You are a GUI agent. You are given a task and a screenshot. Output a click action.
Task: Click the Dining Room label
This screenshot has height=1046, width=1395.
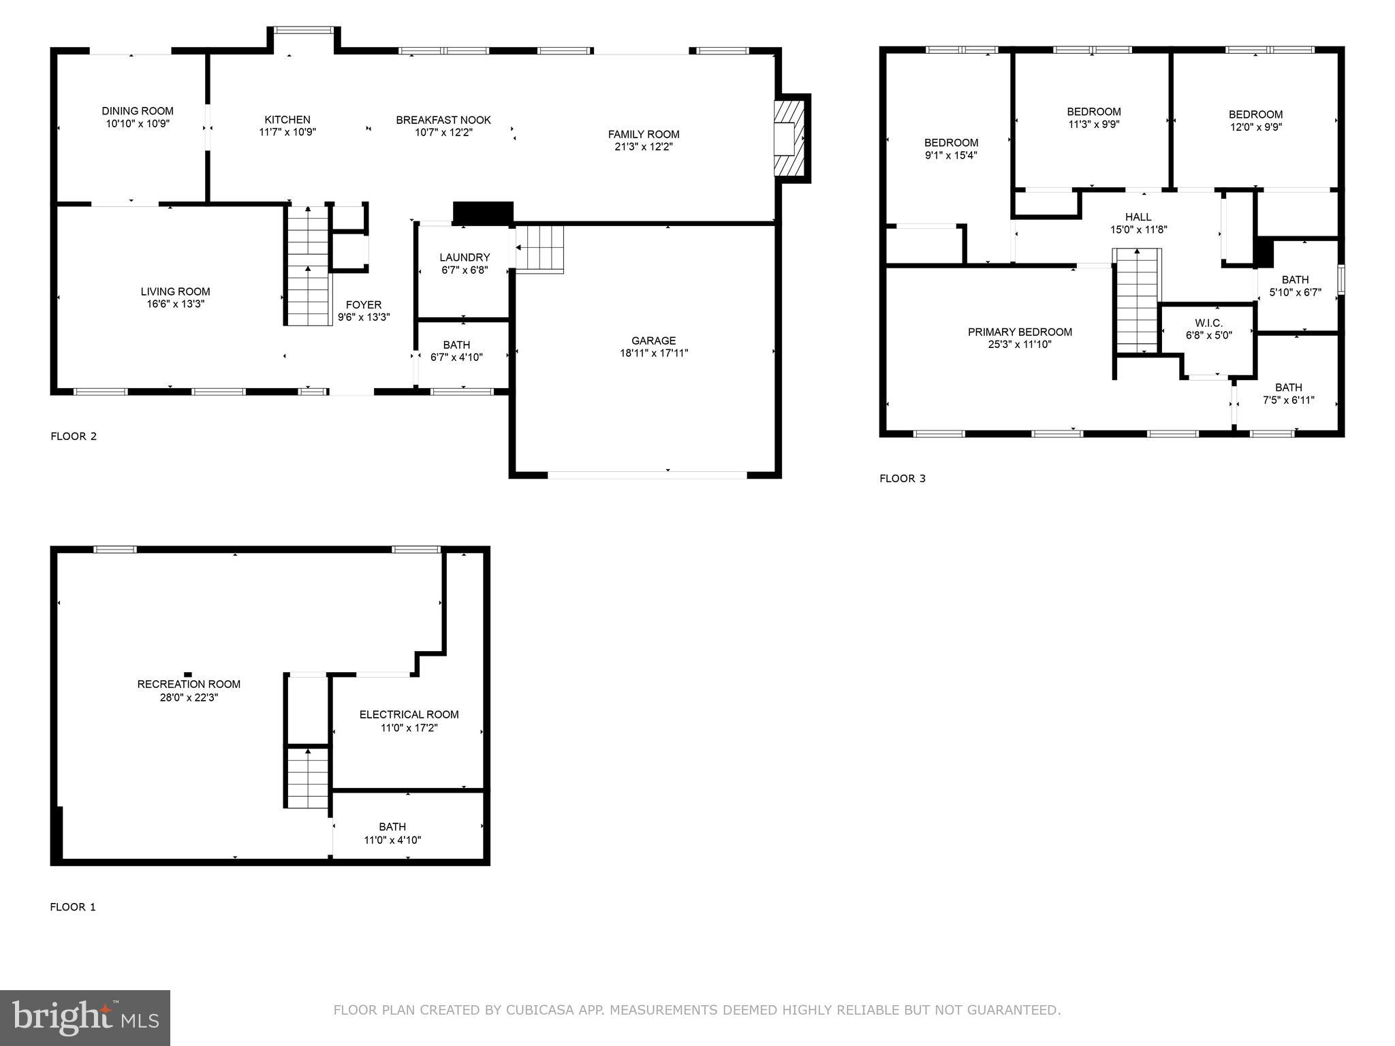coord(138,111)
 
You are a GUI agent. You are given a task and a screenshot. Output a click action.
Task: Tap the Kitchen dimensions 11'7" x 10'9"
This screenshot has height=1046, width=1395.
coord(287,132)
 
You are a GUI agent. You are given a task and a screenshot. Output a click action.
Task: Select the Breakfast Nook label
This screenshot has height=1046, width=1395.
coord(443,120)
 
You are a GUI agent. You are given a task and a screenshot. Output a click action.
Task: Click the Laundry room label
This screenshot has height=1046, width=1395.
coord(465,257)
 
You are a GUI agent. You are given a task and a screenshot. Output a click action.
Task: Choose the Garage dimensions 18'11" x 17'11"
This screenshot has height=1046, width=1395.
coord(654,353)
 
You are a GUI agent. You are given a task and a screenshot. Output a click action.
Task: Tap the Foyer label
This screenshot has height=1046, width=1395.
coord(364,305)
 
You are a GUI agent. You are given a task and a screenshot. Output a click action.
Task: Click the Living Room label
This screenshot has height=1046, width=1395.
coord(176,291)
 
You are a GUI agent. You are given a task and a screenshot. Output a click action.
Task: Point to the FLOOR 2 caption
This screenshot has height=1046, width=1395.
coord(74,437)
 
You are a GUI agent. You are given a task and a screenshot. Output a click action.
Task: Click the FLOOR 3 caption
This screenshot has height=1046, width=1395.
coord(903,479)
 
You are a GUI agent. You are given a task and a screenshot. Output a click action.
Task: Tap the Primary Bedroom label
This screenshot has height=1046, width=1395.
coord(1020,332)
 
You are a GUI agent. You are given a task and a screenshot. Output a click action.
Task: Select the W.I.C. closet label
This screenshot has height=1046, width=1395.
coord(1208,323)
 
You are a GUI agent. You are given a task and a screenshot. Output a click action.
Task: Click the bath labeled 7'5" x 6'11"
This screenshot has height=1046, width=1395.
coord(1288,394)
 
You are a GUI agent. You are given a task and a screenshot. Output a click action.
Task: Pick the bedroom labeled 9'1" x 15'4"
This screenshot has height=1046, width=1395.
coord(951,148)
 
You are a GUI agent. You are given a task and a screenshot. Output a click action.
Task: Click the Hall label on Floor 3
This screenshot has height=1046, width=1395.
coord(1138,217)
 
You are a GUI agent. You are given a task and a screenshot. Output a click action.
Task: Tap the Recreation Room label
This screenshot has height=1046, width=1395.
coord(189,684)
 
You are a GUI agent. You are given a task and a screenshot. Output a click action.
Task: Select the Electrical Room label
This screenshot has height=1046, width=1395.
coord(409,714)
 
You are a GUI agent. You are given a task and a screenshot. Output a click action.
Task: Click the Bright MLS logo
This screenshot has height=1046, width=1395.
coord(85,1017)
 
